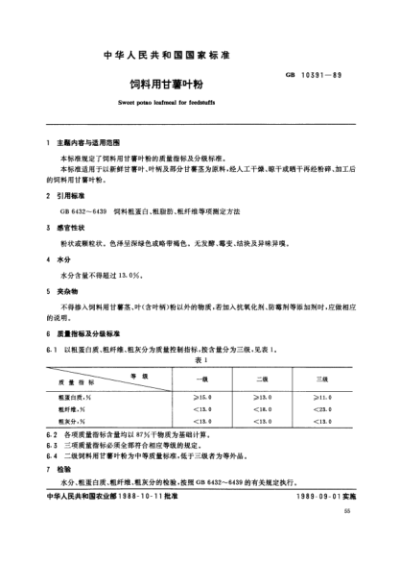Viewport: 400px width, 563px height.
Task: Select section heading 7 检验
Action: pyautogui.click(x=63, y=473)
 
